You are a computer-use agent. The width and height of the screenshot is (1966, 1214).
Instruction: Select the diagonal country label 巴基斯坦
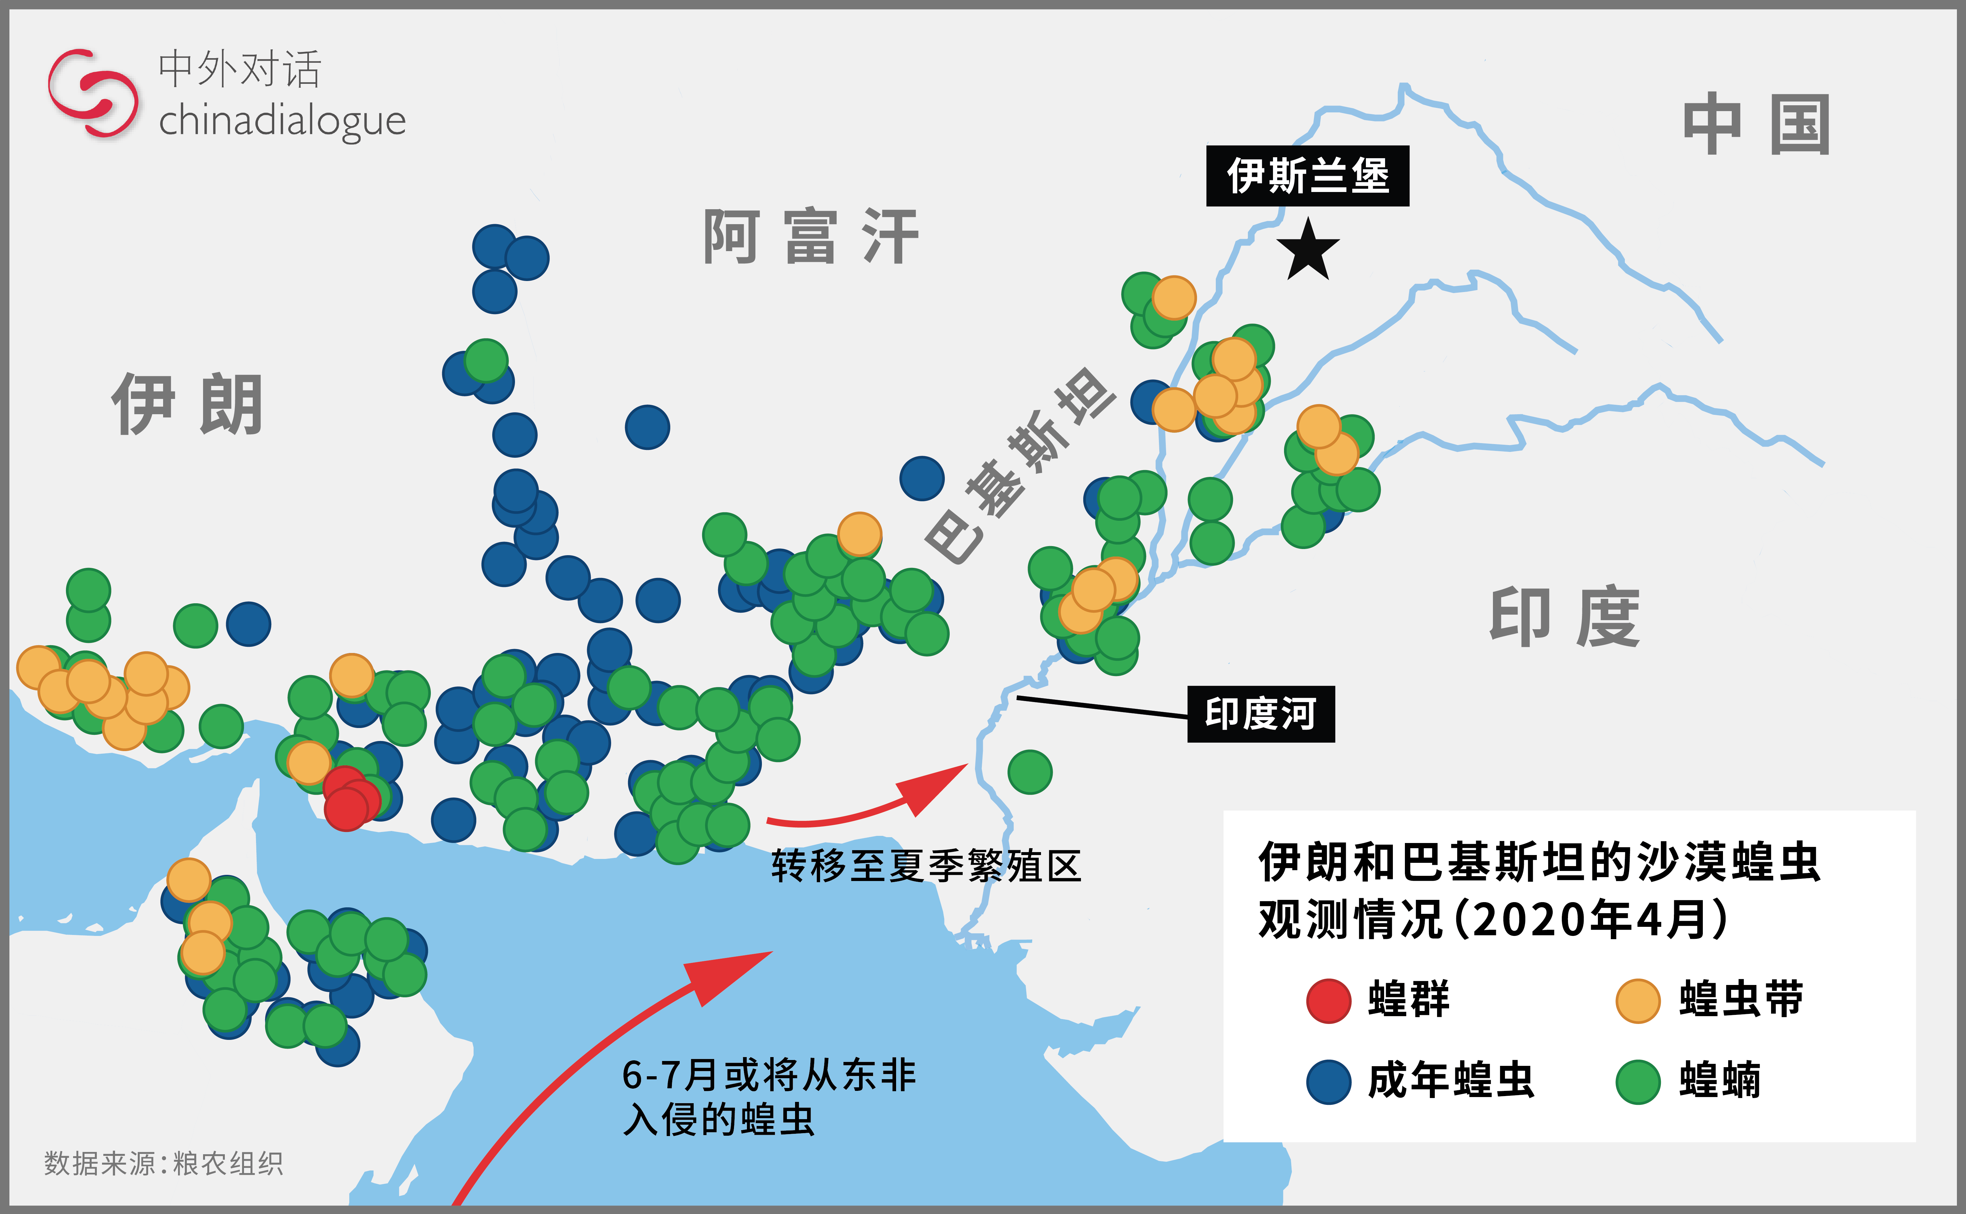tap(1020, 466)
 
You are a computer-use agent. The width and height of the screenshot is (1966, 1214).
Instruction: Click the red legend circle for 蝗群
tap(1329, 1001)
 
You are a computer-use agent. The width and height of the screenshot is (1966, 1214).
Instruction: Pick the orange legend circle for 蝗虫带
tap(1638, 1001)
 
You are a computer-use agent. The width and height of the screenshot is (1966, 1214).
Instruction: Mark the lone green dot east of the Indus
tap(1030, 772)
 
